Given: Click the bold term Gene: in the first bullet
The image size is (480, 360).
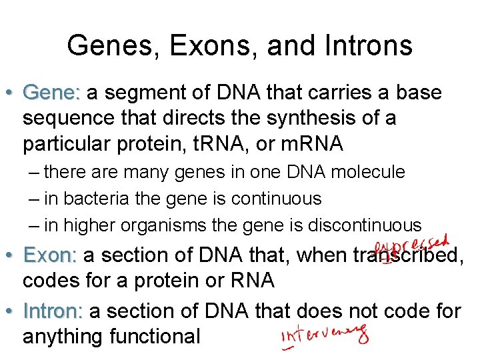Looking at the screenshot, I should point(51,93).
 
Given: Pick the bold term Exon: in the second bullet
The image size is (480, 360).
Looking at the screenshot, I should point(50,255).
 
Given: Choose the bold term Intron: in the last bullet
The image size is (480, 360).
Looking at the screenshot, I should point(53,311).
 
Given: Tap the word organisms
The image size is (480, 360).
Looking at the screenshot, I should point(160,225).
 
